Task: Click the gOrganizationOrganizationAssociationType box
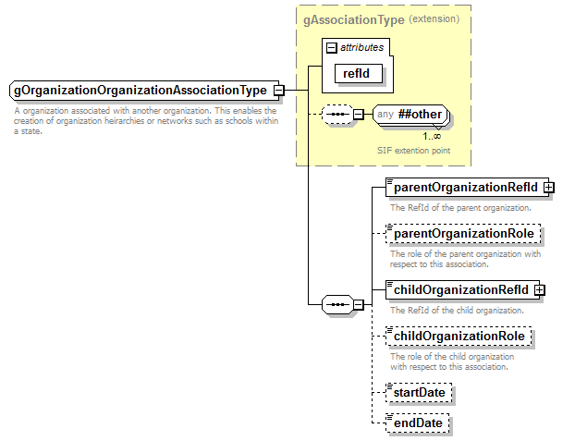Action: tap(140, 91)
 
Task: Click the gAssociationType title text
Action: tap(352, 18)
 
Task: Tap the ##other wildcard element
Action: tap(411, 116)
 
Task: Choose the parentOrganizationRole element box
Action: tap(462, 234)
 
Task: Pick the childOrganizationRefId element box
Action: tap(459, 290)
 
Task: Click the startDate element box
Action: tap(420, 393)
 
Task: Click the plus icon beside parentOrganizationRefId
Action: tap(549, 187)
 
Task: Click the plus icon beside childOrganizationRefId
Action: tap(540, 290)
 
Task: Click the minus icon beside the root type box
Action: tap(278, 91)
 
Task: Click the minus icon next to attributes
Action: tap(331, 46)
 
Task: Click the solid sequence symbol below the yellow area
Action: tap(336, 303)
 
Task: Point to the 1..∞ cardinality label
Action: tap(432, 136)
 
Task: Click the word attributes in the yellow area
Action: tap(362, 46)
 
